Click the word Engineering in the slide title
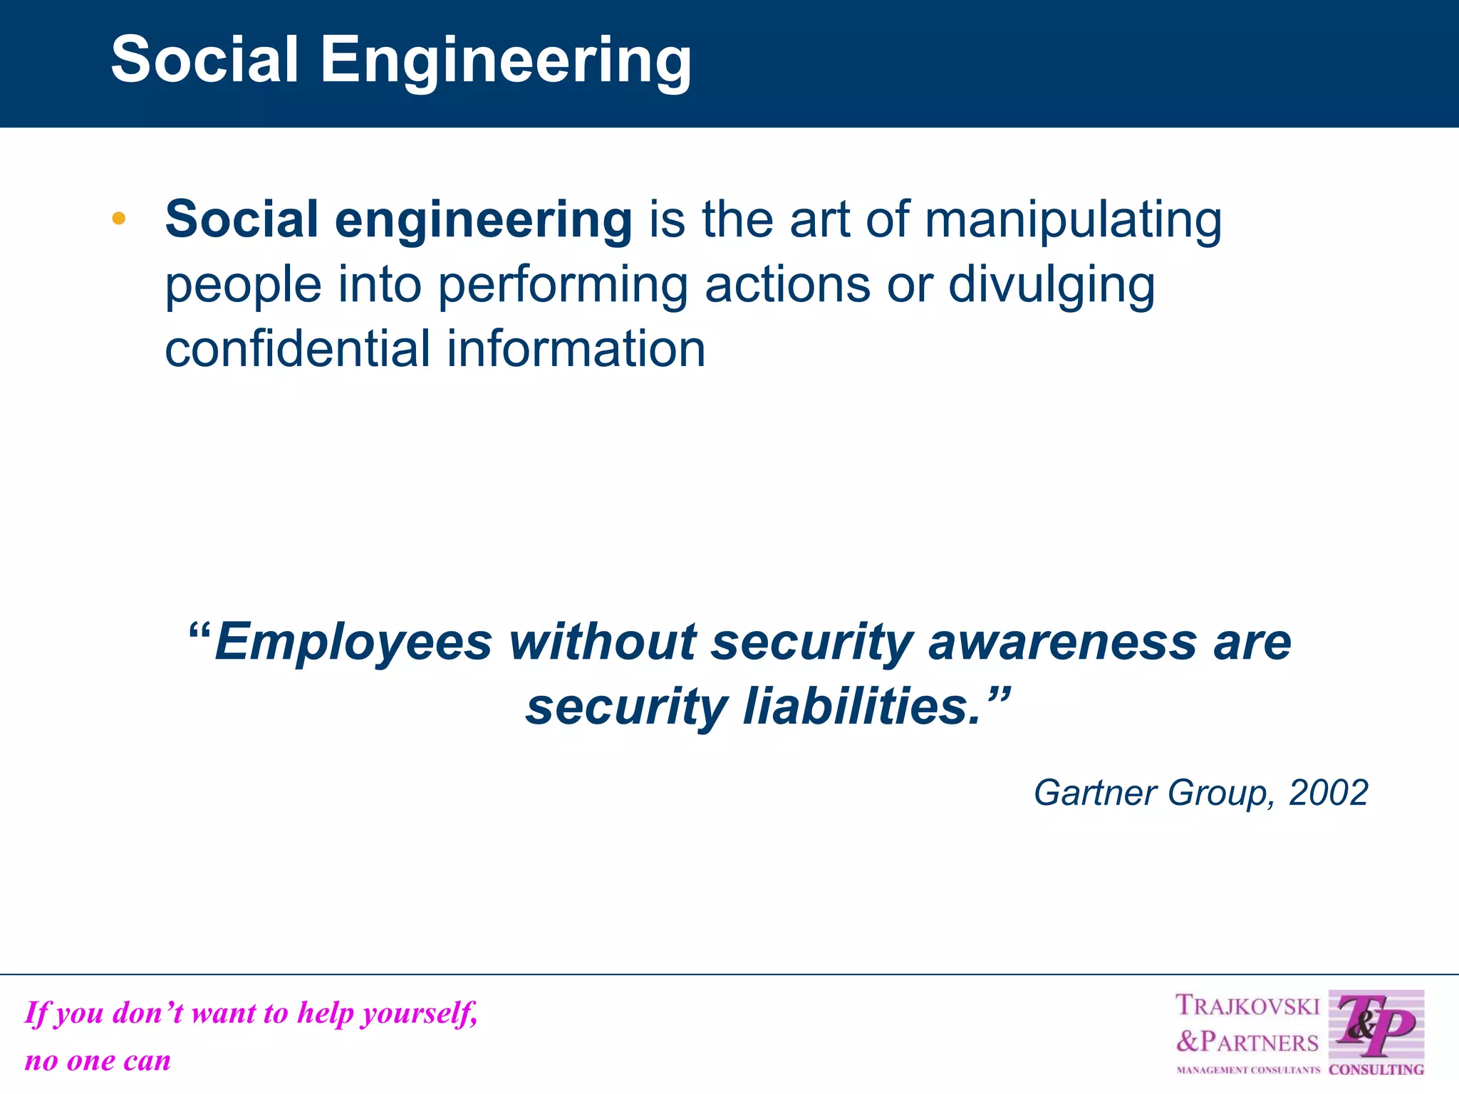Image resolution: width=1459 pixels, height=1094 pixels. pos(506,61)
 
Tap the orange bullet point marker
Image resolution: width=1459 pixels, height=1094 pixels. pos(119,219)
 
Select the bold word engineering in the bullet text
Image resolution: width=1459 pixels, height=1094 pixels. pos(483,220)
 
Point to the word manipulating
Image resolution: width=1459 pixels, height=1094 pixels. pos(1073,220)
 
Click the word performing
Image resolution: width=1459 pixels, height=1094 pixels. pos(563,286)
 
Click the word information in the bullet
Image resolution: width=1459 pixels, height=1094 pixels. pos(576,349)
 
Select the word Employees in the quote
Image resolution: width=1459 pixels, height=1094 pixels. pos(353,642)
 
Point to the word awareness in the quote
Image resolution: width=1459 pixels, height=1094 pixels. pos(1062,642)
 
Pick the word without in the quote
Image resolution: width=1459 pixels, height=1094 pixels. pos(603,642)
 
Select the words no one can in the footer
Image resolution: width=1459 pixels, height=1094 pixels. pos(98,1061)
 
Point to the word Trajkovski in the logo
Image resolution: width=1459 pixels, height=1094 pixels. pos(1247,1006)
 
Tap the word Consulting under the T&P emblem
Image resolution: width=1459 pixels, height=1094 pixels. pos(1376,1070)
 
